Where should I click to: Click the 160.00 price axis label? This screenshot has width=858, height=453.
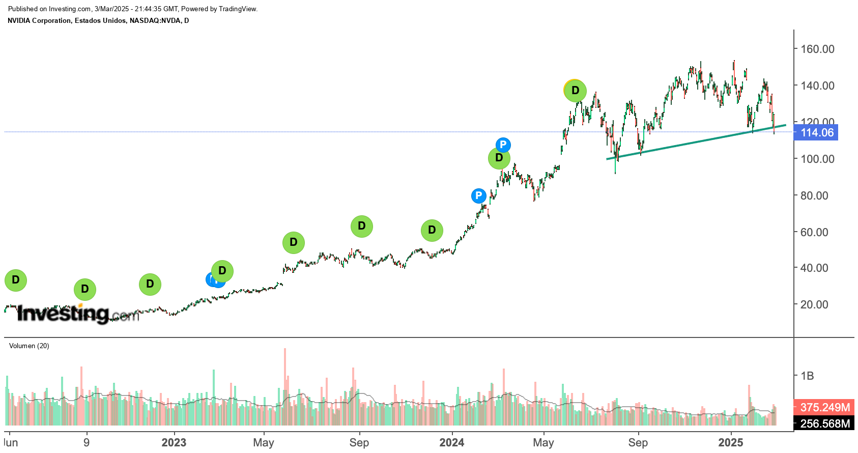pos(817,49)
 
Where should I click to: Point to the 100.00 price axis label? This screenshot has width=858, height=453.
pos(817,159)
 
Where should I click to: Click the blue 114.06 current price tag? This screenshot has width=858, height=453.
pos(817,133)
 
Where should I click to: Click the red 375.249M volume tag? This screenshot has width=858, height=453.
pos(824,407)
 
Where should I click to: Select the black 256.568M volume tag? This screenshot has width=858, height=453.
pos(824,423)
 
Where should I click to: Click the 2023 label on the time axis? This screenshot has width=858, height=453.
pos(174,442)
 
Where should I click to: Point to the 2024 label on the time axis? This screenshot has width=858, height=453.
pos(451,442)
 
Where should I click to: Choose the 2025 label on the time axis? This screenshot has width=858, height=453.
pos(730,442)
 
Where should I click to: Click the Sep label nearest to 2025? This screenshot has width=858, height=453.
pos(638,442)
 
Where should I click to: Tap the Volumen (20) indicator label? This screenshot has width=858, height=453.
pos(29,346)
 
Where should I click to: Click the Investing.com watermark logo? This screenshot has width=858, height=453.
pos(76,314)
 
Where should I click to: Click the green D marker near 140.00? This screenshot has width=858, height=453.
pos(575,91)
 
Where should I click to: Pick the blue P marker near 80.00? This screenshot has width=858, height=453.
pos(478,195)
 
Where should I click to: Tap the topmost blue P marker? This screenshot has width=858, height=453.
pos(503,145)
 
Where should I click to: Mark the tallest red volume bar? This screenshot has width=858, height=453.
pos(285,387)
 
